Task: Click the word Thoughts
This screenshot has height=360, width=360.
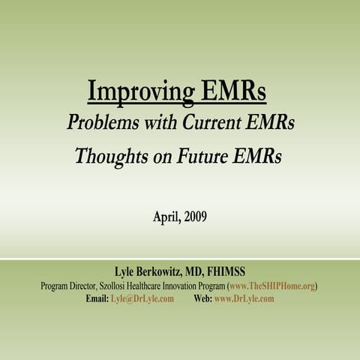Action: pyautogui.click(x=108, y=156)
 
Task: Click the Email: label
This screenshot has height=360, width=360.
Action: pyautogui.click(x=97, y=298)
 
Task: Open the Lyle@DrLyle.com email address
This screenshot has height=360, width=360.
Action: pyautogui.click(x=142, y=298)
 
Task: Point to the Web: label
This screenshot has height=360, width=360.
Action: pyautogui.click(x=202, y=298)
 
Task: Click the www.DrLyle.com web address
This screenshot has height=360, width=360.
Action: pyautogui.click(x=244, y=298)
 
